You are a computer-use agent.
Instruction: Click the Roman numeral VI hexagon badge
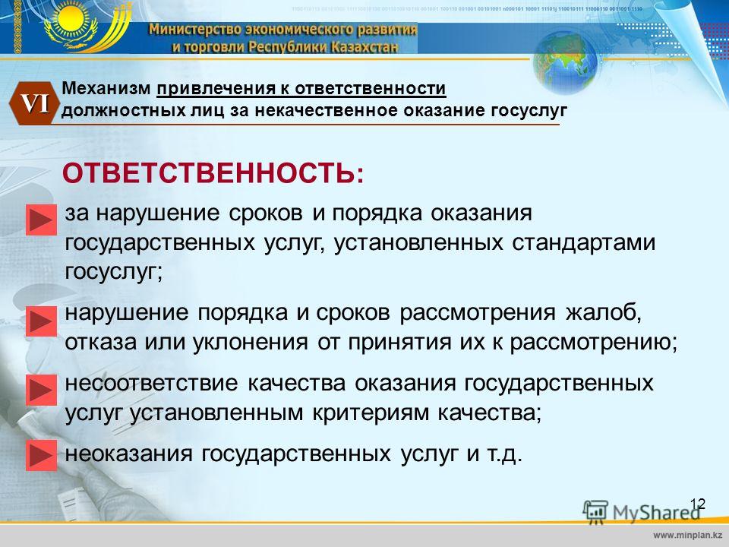pyautogui.click(x=34, y=103)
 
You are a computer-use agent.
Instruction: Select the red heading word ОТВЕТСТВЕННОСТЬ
pyautogui.click(x=209, y=173)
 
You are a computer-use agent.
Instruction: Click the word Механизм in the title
pyautogui.click(x=106, y=88)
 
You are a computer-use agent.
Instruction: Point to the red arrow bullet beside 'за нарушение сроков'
pyautogui.click(x=41, y=220)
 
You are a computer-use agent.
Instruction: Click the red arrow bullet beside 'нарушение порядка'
pyautogui.click(x=41, y=321)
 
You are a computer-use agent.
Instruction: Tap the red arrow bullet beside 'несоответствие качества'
pyautogui.click(x=41, y=390)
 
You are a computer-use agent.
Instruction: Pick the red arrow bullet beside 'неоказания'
pyautogui.click(x=41, y=455)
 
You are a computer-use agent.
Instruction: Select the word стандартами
pyautogui.click(x=583, y=243)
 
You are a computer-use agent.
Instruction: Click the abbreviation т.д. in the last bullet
pyautogui.click(x=504, y=454)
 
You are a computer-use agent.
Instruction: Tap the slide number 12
pyautogui.click(x=697, y=504)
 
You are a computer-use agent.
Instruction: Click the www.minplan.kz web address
pyautogui.click(x=688, y=536)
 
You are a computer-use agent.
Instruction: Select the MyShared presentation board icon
pyautogui.click(x=595, y=511)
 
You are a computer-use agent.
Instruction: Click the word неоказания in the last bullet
pyautogui.click(x=128, y=454)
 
